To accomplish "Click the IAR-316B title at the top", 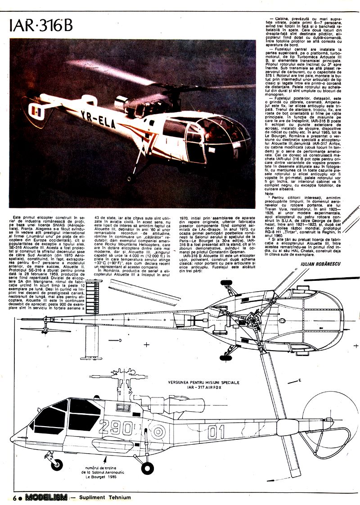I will pos(41,27).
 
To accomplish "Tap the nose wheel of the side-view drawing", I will pos(56,464).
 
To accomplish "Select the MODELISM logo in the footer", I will pos(46,497).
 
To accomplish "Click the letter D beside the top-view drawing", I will pos(121,341).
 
